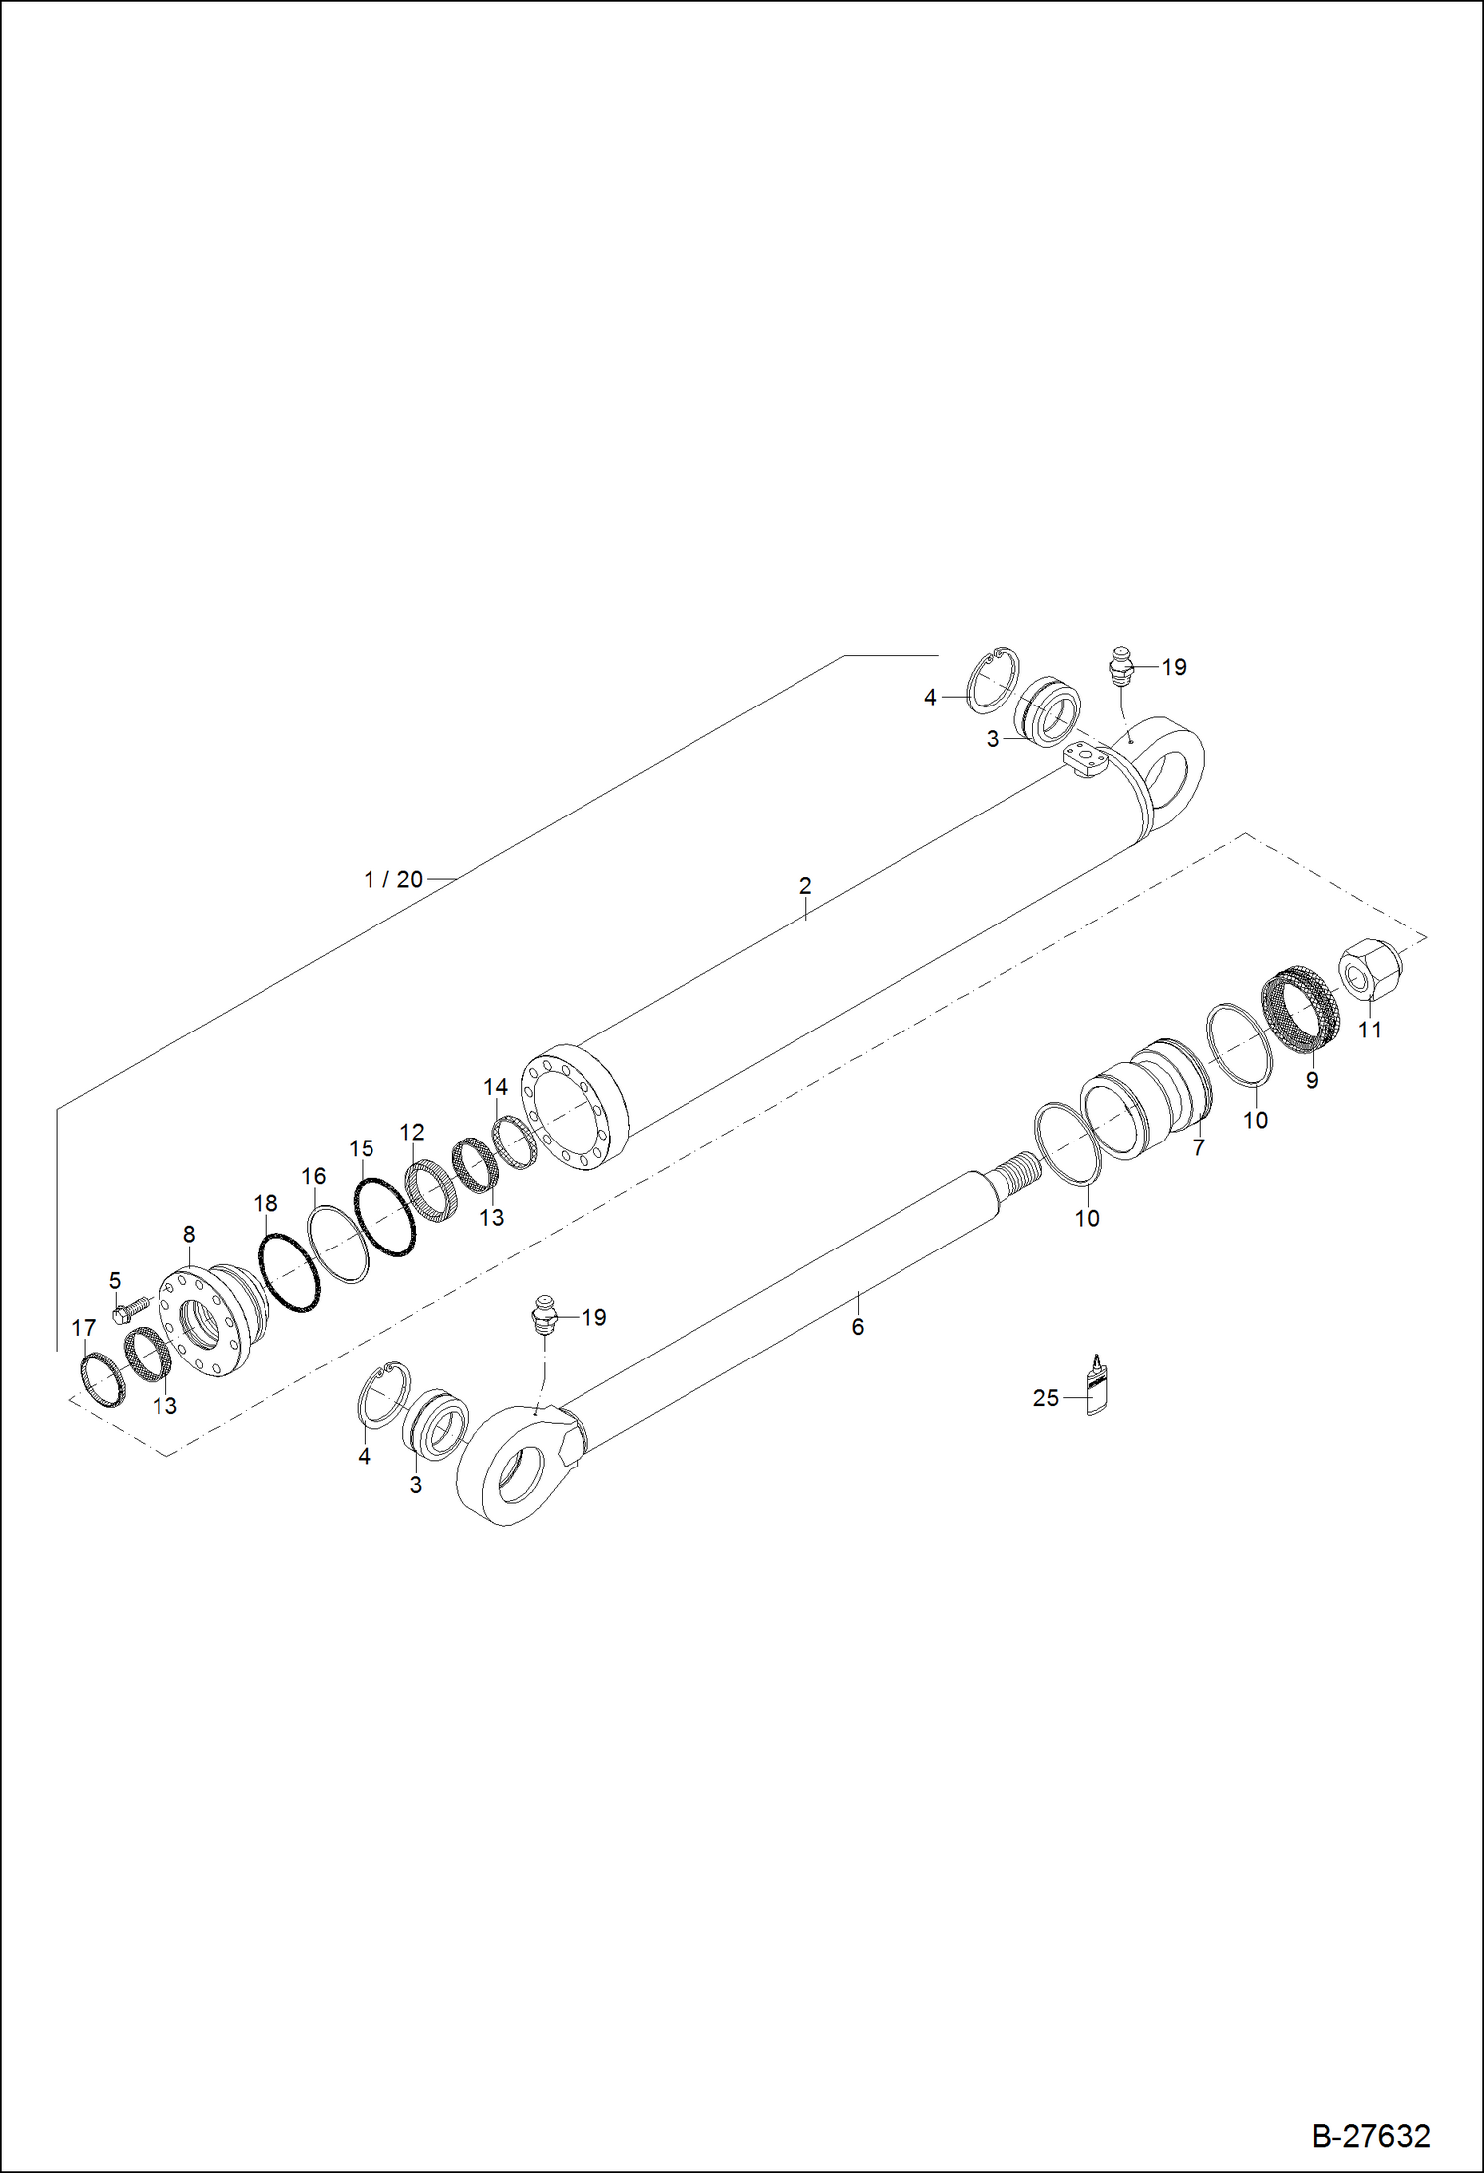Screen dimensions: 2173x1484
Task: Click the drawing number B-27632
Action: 1370,2135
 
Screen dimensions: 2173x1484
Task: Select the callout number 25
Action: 1045,1398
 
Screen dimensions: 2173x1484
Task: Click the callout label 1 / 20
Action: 393,879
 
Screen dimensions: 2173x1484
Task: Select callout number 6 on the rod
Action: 858,1326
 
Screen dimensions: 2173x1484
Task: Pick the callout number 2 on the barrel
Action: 805,885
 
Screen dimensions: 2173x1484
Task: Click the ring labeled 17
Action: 102,1379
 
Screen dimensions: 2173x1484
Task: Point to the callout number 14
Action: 495,1087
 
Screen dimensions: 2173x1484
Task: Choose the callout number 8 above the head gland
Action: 189,1235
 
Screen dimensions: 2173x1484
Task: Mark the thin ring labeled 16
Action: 338,1244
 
